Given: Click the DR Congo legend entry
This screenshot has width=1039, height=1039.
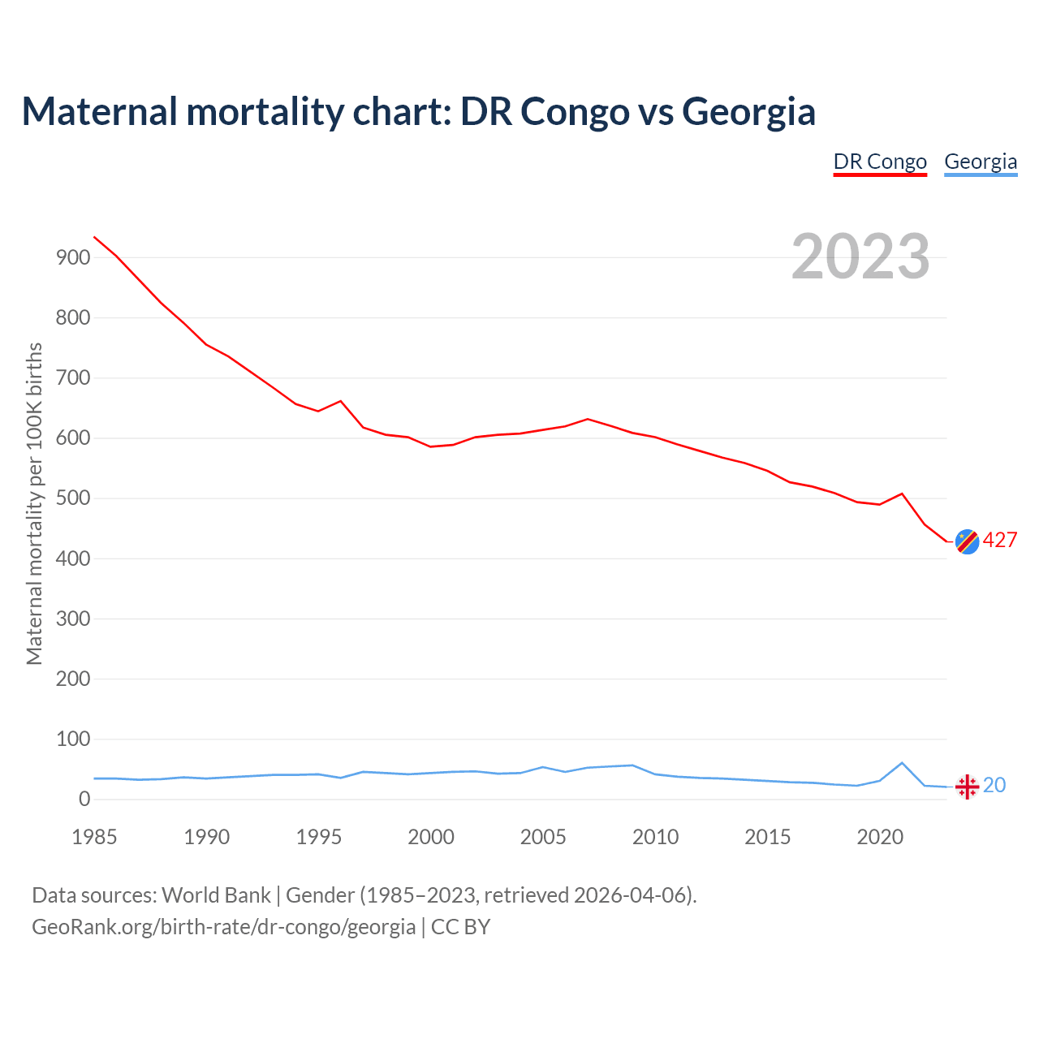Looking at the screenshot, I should tap(880, 162).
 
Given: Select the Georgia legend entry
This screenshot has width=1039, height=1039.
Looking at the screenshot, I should tap(981, 162).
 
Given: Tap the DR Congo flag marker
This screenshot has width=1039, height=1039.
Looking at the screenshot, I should tap(967, 541).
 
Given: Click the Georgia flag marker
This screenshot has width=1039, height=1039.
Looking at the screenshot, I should tap(967, 787).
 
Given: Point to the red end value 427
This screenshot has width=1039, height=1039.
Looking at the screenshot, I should tap(1000, 541).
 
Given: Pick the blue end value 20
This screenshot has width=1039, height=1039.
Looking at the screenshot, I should tap(994, 786).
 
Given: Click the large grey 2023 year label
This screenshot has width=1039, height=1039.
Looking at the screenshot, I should tap(860, 257).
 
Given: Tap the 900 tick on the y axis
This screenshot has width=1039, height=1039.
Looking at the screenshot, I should tap(73, 258).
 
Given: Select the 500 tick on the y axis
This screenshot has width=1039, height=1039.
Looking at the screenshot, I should tap(73, 498).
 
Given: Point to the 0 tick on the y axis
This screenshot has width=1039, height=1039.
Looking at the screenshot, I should tap(84, 800).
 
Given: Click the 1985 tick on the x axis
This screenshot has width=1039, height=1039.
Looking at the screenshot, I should tap(94, 837).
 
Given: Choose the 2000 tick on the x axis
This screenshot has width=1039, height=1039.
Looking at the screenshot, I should tap(431, 837).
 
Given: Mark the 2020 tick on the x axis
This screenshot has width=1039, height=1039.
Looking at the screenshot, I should tap(880, 837).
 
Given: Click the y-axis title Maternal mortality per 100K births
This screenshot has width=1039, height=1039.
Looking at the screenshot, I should tap(34, 503).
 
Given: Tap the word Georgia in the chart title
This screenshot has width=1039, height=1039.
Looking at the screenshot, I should tap(748, 111).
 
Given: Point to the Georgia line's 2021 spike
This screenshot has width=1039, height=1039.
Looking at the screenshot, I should tap(902, 763).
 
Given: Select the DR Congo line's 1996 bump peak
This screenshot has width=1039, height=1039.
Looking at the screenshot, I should tap(340, 401).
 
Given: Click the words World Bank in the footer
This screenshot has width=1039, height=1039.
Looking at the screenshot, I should tap(216, 895).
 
